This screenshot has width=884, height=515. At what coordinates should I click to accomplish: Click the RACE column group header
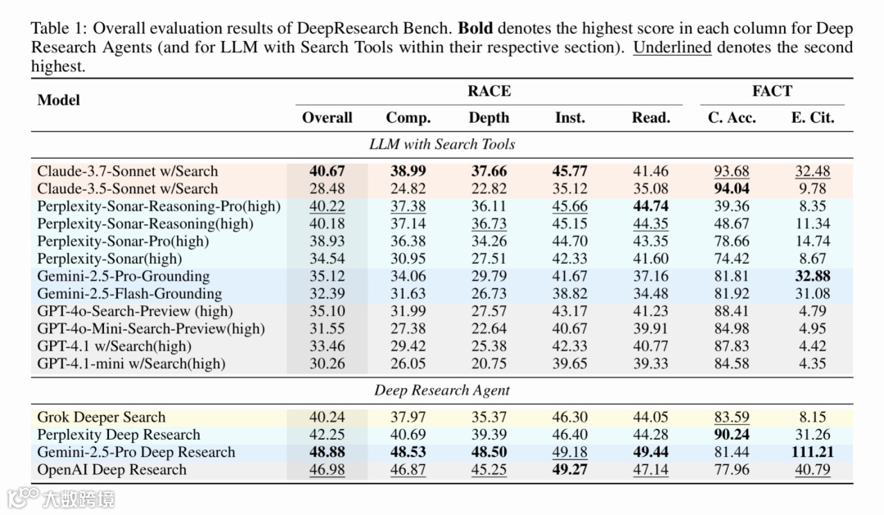click(489, 91)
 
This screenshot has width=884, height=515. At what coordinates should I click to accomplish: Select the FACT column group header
click(772, 91)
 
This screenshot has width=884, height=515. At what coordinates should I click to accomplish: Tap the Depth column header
click(489, 118)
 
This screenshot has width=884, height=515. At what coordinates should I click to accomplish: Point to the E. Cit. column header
click(812, 118)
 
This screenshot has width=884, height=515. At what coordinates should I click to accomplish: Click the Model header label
click(59, 100)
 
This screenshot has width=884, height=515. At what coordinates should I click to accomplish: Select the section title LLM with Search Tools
click(442, 144)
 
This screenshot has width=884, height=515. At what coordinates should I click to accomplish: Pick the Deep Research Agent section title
click(442, 390)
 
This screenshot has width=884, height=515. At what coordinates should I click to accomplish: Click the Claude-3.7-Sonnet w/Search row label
click(128, 171)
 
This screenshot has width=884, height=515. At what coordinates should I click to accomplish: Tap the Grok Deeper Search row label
click(101, 417)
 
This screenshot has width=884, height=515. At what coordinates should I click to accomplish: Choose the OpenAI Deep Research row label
click(111, 470)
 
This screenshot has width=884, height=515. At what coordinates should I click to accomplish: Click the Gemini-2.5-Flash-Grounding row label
click(129, 294)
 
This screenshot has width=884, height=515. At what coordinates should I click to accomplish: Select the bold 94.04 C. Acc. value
click(731, 188)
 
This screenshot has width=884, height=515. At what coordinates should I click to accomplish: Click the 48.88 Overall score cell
click(327, 452)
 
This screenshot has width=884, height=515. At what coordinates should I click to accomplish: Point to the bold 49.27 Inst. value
click(570, 470)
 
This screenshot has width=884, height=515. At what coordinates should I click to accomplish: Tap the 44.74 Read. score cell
click(650, 206)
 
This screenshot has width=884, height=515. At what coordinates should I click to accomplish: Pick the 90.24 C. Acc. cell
click(731, 435)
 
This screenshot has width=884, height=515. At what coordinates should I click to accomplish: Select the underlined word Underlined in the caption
click(672, 47)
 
